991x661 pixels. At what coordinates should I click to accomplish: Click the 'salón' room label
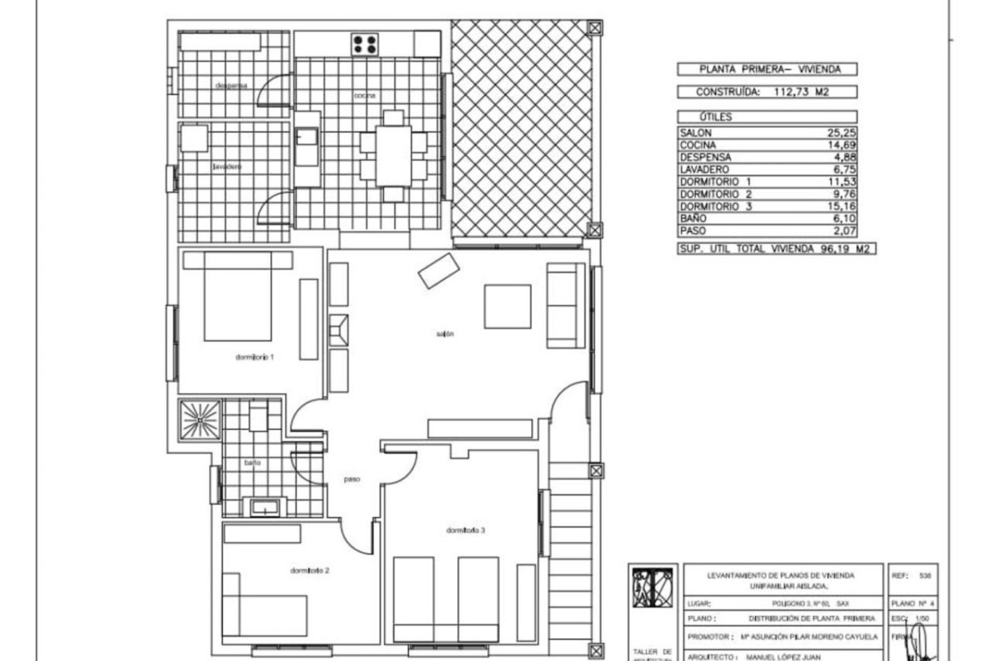tap(446, 335)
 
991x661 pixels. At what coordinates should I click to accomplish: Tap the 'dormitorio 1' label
tap(254, 358)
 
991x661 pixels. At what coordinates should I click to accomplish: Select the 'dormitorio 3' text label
tap(465, 530)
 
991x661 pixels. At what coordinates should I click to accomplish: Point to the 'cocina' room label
tap(365, 97)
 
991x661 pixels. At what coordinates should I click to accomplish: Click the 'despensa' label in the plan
tap(231, 85)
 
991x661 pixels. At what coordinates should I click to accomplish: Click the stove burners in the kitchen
tap(365, 44)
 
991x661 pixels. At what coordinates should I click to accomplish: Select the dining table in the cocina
tap(394, 155)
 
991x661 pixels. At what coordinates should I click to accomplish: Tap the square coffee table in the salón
tap(507, 307)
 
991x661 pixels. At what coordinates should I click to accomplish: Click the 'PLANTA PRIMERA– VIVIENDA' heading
tap(766, 70)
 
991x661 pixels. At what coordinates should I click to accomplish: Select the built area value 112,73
tap(785, 93)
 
